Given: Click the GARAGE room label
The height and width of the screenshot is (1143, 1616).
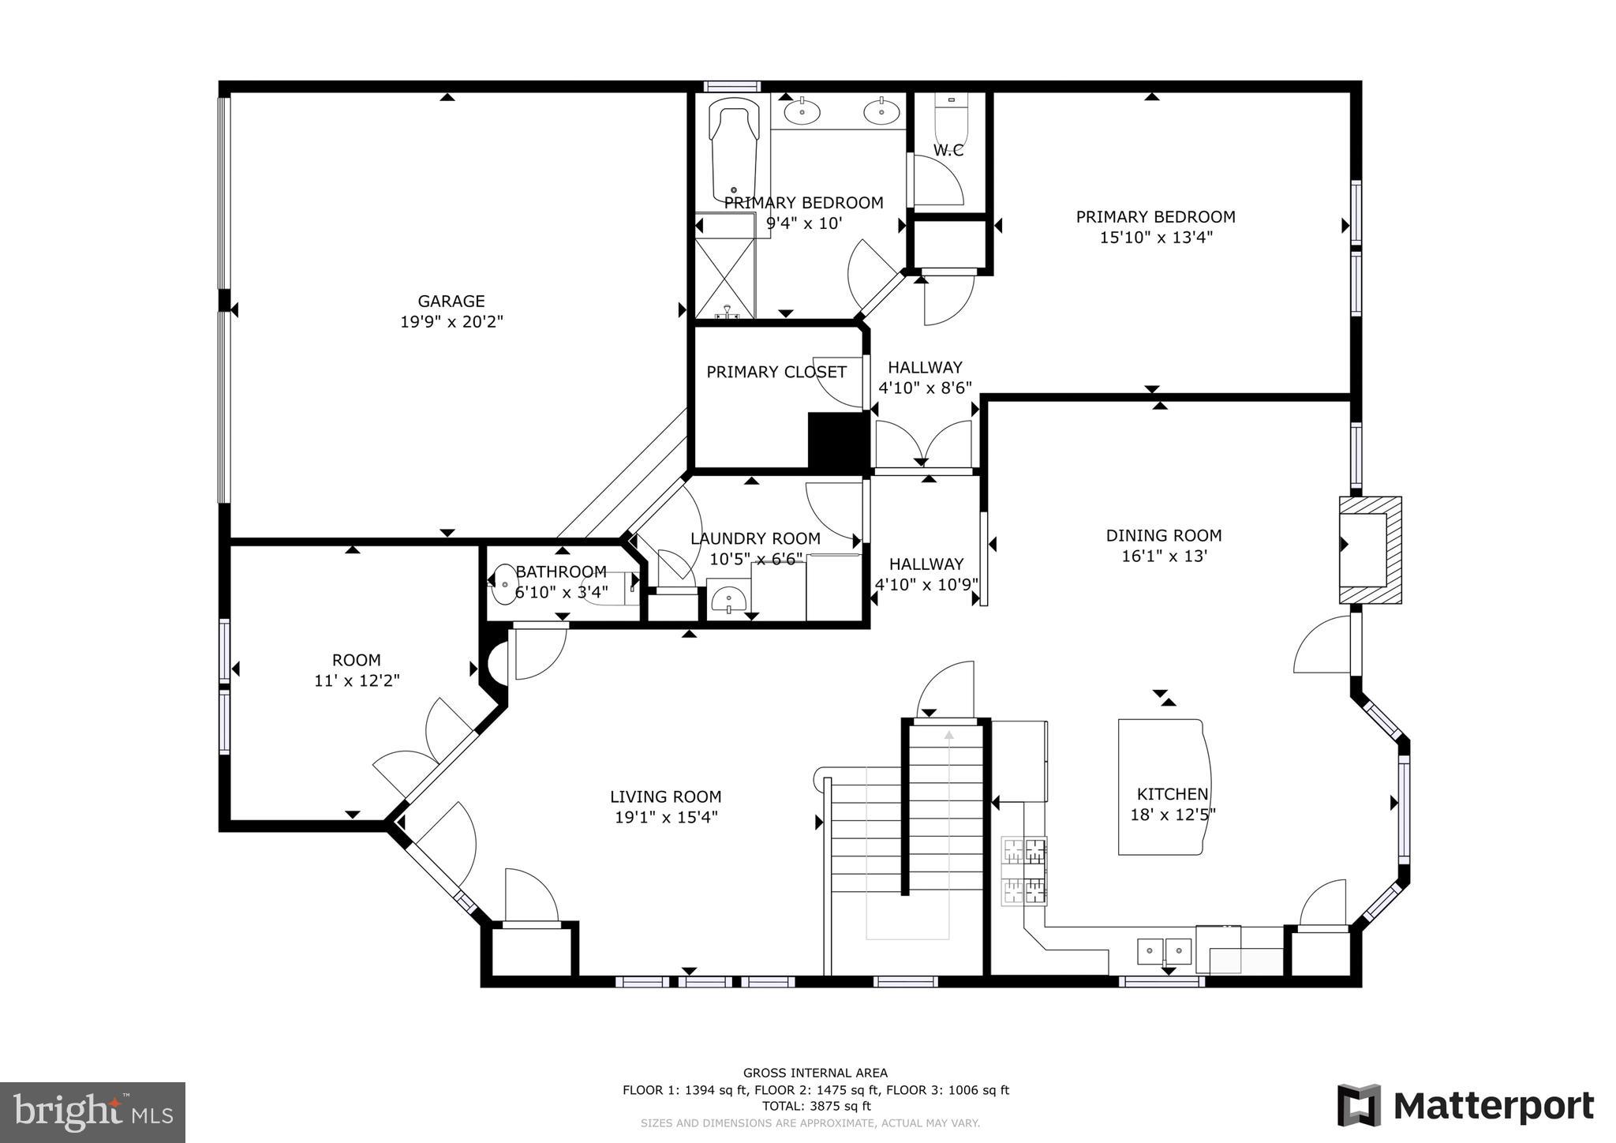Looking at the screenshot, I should click(x=451, y=301).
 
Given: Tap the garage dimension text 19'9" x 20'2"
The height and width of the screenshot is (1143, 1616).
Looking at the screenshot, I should click(x=451, y=322).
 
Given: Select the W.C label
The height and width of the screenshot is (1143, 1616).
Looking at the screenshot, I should click(x=948, y=150).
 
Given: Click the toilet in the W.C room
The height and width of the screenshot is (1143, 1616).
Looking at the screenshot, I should click(x=950, y=118).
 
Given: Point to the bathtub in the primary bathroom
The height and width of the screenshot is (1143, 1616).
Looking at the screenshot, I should click(x=734, y=150).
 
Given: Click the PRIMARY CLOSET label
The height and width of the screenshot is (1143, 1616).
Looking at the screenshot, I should click(x=776, y=372).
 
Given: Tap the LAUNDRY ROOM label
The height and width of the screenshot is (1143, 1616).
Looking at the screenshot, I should click(x=755, y=538).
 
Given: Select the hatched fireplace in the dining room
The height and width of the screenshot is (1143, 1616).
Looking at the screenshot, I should click(x=1371, y=549).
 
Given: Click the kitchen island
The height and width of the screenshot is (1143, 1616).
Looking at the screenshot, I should click(x=1164, y=786).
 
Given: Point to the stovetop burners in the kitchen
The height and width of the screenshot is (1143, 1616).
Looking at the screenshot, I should click(x=1024, y=871).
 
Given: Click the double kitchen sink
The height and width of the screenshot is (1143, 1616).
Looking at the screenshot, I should click(x=1164, y=950).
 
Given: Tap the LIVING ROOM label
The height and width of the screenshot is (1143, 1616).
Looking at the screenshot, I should click(x=665, y=796).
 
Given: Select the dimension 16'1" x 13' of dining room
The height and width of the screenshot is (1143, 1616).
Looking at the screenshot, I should click(x=1164, y=557).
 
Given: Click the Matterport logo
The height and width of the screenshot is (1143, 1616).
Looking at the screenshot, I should click(x=1465, y=1105).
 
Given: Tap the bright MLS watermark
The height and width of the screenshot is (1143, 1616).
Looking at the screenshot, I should click(x=92, y=1111).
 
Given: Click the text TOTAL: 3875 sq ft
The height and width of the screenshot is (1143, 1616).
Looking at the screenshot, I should click(x=815, y=1106).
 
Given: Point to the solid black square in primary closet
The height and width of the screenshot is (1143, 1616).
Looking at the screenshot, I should click(x=837, y=442).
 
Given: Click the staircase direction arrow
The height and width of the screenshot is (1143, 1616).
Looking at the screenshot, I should click(x=948, y=736).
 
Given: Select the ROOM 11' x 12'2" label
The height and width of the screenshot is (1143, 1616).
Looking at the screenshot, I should click(x=357, y=670).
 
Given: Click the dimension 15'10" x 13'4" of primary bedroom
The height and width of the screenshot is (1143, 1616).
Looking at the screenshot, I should click(x=1155, y=238).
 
